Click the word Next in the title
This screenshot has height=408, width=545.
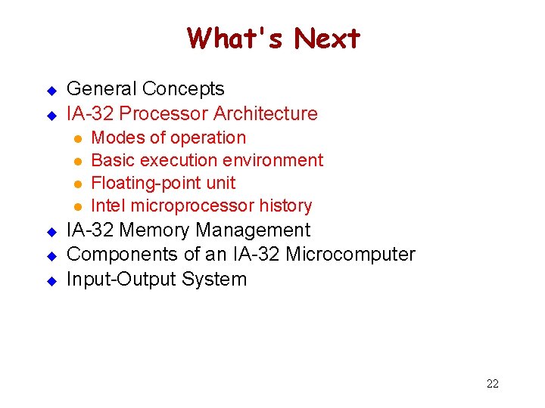(x=327, y=37)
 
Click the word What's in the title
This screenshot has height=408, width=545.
(x=236, y=37)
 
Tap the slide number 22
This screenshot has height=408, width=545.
(x=492, y=384)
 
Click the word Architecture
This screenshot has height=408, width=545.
(x=266, y=114)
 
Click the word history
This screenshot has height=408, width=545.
(x=285, y=206)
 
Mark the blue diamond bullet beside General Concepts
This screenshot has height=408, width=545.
(x=51, y=91)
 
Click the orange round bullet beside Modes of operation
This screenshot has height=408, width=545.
(x=76, y=139)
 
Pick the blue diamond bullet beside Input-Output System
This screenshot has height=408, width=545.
(x=51, y=280)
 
